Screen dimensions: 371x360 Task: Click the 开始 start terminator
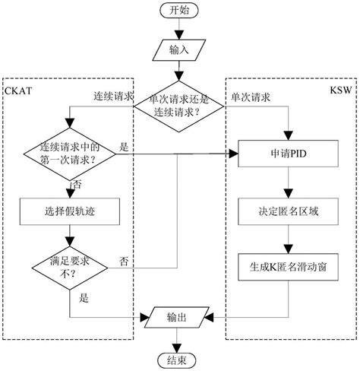[x=177, y=11]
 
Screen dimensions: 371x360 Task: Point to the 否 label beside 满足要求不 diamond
[x=123, y=261]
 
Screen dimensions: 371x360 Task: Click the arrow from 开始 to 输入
[x=177, y=30]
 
